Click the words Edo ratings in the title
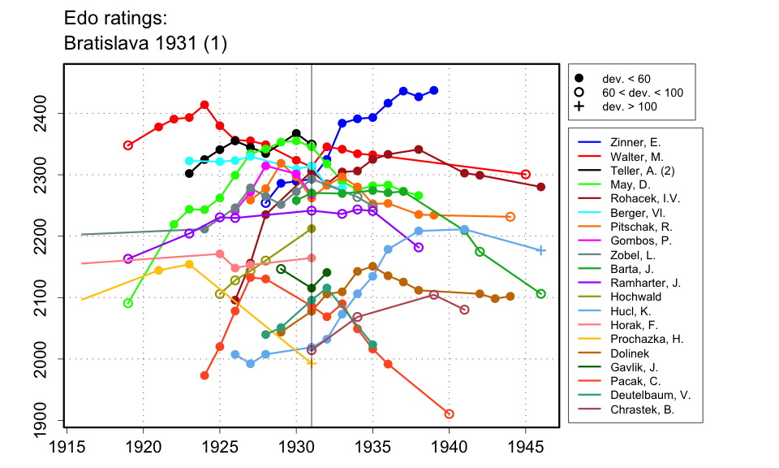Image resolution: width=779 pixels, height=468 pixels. [x=113, y=17]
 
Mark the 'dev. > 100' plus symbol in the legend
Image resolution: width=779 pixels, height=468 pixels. [x=579, y=106]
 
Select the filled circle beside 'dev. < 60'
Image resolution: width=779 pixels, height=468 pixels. [x=579, y=79]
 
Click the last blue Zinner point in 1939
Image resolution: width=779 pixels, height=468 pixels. [x=434, y=90]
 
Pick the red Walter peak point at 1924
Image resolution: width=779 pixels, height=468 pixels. [x=204, y=105]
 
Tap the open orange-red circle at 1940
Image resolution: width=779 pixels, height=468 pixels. [x=450, y=414]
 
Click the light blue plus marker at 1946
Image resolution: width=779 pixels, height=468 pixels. [x=541, y=250]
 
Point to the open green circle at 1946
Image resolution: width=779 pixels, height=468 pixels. [x=541, y=293]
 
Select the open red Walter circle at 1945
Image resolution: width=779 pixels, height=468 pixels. [x=526, y=174]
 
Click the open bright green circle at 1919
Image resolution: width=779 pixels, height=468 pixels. [x=128, y=303]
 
